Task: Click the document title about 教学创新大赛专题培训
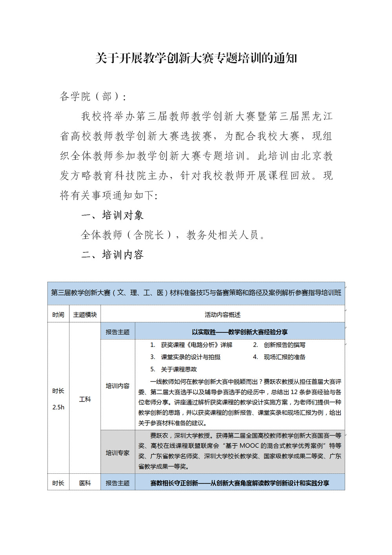pos(196,58)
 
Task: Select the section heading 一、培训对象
pos(112,215)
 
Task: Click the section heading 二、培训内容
pos(112,255)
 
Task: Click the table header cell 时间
pos(58,315)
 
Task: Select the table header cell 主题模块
pos(85,315)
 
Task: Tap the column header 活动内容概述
pos(222,315)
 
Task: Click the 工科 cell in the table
pos(85,399)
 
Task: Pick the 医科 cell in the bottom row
pos(85,483)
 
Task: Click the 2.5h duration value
pos(58,407)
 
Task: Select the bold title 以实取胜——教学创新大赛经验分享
pos(239,332)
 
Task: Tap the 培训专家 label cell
pos(117,453)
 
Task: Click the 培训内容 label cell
pos(117,386)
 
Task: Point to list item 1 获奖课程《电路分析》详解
pos(196,345)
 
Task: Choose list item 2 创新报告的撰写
pos(284,345)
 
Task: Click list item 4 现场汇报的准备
pos(284,357)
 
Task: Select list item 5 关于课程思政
pos(179,369)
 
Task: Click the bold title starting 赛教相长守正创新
pos(239,483)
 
